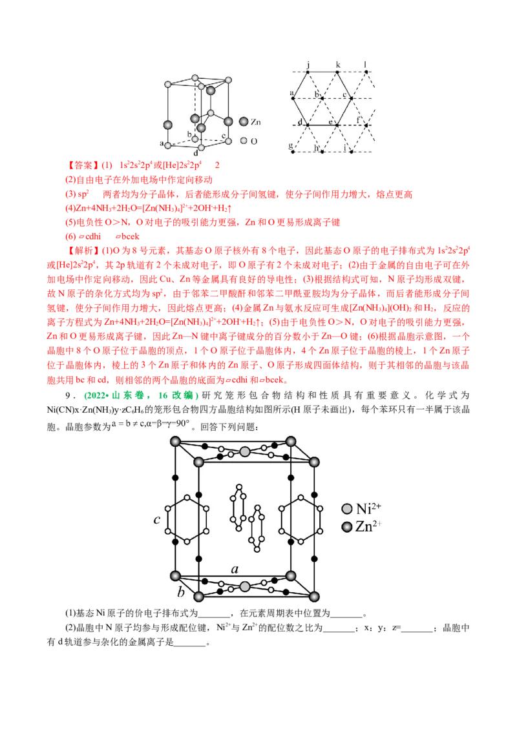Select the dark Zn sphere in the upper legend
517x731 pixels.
[243, 121]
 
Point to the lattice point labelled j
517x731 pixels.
[309, 71]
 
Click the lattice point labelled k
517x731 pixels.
[337, 71]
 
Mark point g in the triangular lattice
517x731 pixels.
[293, 152]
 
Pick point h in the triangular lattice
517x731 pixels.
[322, 152]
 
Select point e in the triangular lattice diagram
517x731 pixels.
[336, 124]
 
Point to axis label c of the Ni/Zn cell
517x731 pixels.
[157, 520]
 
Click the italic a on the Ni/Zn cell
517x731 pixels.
[235, 569]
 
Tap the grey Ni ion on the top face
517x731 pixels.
[245, 451]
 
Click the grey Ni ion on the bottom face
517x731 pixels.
[245, 586]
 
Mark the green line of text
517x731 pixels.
[142, 396]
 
